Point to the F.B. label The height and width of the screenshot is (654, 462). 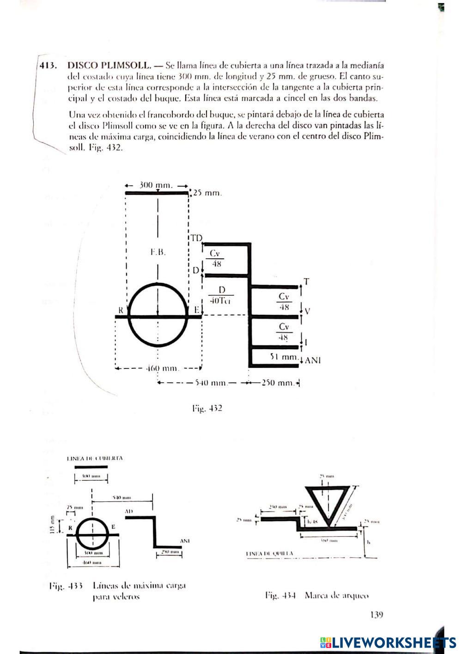pyautogui.click(x=158, y=252)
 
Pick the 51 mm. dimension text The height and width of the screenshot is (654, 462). pyautogui.click(x=283, y=357)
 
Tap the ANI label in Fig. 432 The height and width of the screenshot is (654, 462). pyautogui.click(x=313, y=360)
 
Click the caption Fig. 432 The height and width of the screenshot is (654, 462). pyautogui.click(x=207, y=409)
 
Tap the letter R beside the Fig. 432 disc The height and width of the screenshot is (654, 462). pyautogui.click(x=121, y=311)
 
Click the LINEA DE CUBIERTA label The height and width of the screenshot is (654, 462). pyautogui.click(x=95, y=458)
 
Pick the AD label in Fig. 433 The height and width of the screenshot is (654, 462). pyautogui.click(x=129, y=512)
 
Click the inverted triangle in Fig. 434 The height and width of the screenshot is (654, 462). pyautogui.click(x=329, y=504)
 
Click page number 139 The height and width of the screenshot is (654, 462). pyautogui.click(x=377, y=615)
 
